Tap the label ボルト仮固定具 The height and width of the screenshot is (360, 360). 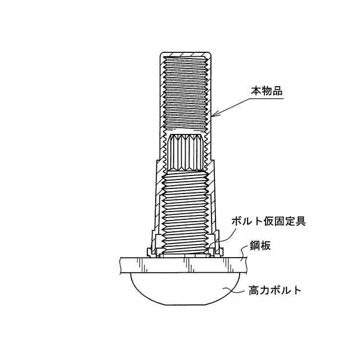(x=268, y=220)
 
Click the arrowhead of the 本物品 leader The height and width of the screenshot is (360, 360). (x=214, y=116)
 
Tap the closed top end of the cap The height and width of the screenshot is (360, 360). (x=185, y=55)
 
